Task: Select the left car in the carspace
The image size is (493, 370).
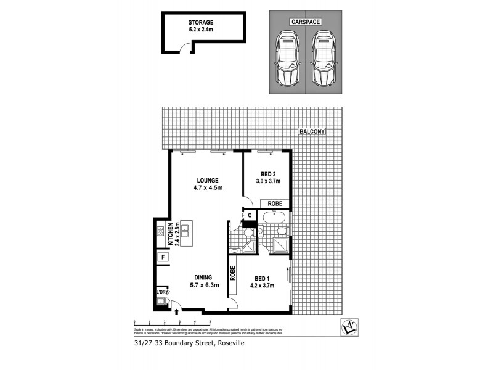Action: [x=285, y=60]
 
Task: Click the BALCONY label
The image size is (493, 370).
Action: [x=312, y=131]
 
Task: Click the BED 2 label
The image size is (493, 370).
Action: [x=268, y=173]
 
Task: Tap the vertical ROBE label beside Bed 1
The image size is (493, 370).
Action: [x=233, y=273]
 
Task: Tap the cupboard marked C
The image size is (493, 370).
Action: [x=250, y=215]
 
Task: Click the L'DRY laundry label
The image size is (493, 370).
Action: [x=161, y=292]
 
